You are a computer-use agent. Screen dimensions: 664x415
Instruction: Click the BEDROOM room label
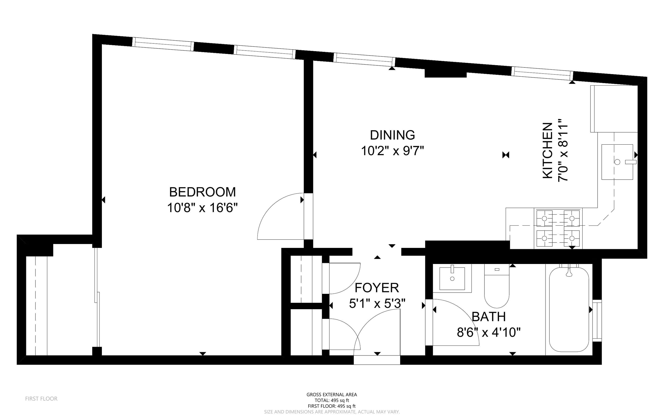coord(203,192)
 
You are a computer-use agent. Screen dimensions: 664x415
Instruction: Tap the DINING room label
coord(393,135)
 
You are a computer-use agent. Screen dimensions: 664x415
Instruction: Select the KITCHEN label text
coord(548,151)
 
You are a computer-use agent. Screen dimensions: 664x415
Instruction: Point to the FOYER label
coord(377,288)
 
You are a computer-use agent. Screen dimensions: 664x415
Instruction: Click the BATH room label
coord(489,317)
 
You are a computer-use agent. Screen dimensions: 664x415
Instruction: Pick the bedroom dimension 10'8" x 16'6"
coord(203,208)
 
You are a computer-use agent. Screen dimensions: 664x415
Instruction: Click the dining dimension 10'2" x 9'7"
coord(393,151)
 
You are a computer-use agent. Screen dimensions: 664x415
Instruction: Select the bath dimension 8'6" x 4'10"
coord(489,332)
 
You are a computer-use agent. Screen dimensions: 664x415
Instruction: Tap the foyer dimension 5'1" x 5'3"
coord(377,303)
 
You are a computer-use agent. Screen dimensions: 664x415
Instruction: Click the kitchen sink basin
coord(617,162)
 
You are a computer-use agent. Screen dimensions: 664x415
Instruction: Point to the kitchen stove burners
coord(558,228)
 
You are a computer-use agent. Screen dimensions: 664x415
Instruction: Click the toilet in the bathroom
coord(497,286)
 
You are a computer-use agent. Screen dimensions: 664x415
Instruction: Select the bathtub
coord(569,309)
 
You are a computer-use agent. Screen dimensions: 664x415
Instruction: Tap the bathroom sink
coord(452,278)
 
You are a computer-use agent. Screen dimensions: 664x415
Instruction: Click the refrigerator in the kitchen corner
coord(614,109)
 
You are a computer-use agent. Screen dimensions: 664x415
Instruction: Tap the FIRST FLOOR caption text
coord(41,399)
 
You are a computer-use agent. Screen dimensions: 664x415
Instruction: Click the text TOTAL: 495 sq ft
coord(332,400)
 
